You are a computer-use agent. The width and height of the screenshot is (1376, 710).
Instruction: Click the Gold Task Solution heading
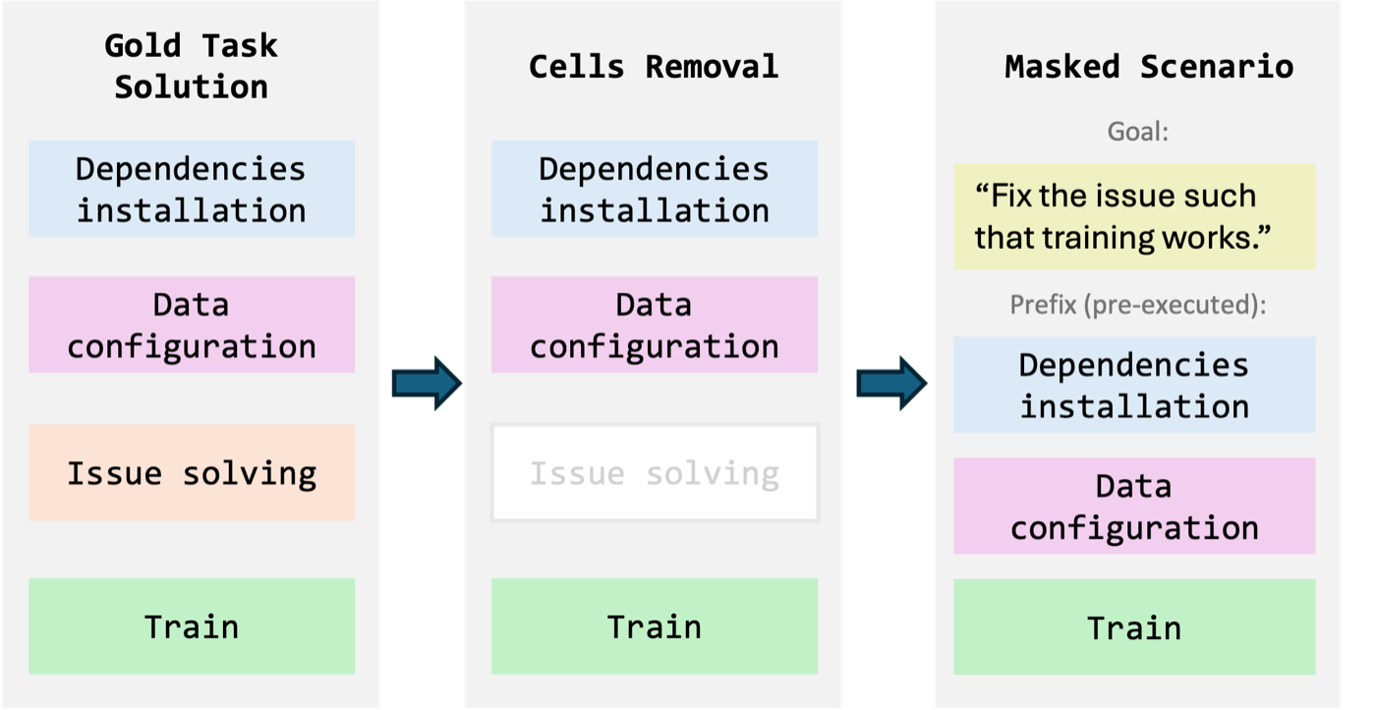pyautogui.click(x=191, y=66)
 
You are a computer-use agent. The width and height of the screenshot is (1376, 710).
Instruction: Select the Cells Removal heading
pyautogui.click(x=654, y=67)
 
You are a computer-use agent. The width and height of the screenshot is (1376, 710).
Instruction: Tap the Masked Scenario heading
pyautogui.click(x=1149, y=67)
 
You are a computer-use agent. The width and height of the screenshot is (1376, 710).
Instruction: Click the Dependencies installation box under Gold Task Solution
pyautogui.click(x=192, y=189)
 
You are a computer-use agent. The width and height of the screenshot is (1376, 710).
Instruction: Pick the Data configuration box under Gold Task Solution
pyautogui.click(x=192, y=325)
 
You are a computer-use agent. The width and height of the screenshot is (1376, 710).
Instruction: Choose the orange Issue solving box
pyautogui.click(x=192, y=472)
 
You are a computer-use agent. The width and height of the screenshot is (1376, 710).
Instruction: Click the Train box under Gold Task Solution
pyautogui.click(x=192, y=626)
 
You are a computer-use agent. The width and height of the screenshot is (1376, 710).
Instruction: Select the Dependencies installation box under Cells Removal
pyautogui.click(x=655, y=189)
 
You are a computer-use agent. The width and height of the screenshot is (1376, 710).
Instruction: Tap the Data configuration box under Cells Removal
pyautogui.click(x=655, y=325)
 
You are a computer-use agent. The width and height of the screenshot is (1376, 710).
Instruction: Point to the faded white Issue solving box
pyautogui.click(x=655, y=472)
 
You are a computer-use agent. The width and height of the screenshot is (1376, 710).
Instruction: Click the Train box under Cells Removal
pyautogui.click(x=655, y=626)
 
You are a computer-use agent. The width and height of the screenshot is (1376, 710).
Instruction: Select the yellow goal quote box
pyautogui.click(x=1134, y=216)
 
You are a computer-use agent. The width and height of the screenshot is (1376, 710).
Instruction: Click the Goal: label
pyautogui.click(x=1138, y=132)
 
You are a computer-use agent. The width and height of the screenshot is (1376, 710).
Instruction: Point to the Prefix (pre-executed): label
pyautogui.click(x=1138, y=305)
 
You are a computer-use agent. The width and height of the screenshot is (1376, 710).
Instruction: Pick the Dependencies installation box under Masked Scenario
pyautogui.click(x=1134, y=385)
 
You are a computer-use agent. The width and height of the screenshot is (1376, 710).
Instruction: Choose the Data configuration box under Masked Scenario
pyautogui.click(x=1134, y=505)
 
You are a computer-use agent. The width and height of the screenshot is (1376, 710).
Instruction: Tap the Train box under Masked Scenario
pyautogui.click(x=1134, y=627)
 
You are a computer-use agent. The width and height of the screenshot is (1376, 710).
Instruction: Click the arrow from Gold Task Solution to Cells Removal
pyautogui.click(x=427, y=383)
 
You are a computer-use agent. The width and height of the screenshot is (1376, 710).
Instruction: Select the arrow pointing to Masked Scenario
pyautogui.click(x=892, y=383)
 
